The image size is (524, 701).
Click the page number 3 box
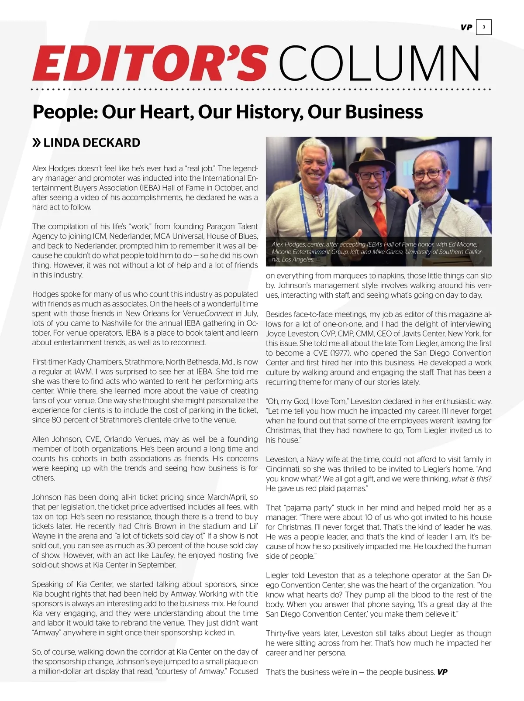pos(484,27)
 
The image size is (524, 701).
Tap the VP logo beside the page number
pos(466,27)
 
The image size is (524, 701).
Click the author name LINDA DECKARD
pos(92,143)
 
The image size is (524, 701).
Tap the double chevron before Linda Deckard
pos(37,143)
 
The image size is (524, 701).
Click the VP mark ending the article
pos(442,672)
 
